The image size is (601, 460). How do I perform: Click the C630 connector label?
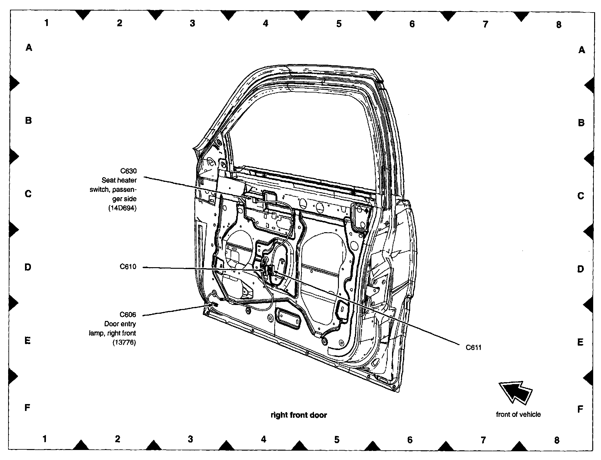point(128,171)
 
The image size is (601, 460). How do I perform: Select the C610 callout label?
point(128,267)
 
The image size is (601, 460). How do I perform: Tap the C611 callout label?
point(474,347)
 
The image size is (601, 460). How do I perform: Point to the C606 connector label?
point(128,315)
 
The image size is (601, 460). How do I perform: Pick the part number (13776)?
point(124,342)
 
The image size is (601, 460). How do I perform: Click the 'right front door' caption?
point(299,415)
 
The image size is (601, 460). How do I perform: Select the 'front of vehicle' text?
point(518,414)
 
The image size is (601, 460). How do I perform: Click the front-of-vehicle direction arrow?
point(515,392)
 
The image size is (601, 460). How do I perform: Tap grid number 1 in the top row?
point(47,22)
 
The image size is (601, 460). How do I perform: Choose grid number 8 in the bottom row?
point(557,440)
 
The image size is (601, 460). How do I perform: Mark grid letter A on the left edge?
point(29,47)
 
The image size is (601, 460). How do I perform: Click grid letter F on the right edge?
point(580,409)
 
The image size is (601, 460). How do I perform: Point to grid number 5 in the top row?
point(339,23)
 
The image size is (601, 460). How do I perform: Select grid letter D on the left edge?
point(28,267)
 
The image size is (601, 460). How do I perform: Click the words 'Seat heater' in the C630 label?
point(119,180)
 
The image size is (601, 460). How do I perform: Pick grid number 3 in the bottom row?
point(191,439)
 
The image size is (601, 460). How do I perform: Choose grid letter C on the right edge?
point(581,196)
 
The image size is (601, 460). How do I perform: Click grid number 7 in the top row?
point(485,24)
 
